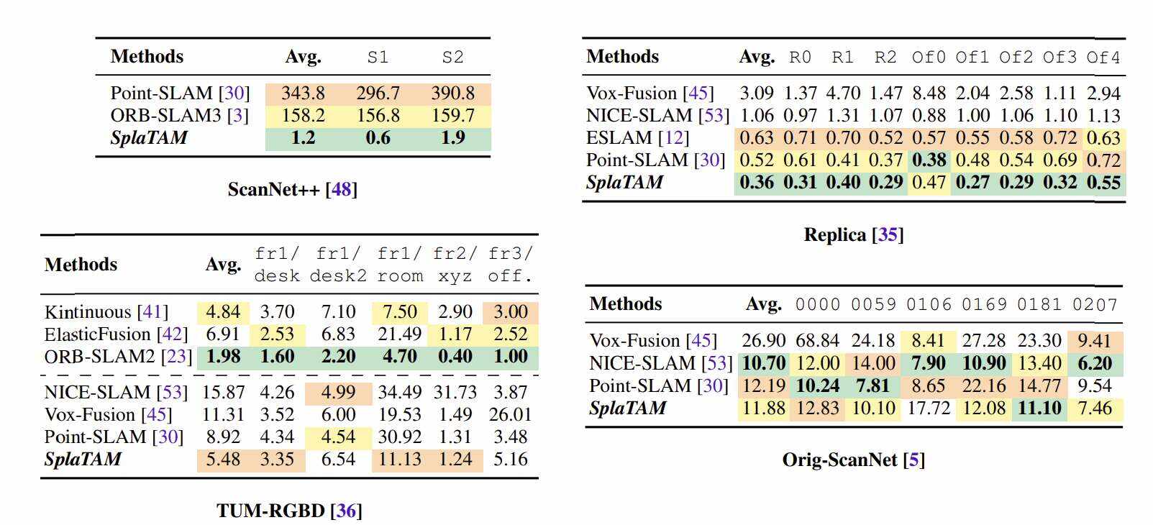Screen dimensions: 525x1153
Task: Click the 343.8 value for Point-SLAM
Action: click(x=303, y=93)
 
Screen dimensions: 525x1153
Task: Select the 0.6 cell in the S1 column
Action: click(x=378, y=138)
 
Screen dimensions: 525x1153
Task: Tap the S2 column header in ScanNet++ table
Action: click(x=452, y=57)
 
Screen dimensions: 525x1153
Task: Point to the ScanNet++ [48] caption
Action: click(x=292, y=189)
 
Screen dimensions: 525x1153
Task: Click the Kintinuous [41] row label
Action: click(x=106, y=312)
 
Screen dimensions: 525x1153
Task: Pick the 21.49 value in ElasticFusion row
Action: click(x=399, y=334)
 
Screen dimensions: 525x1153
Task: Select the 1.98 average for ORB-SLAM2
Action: click(x=223, y=357)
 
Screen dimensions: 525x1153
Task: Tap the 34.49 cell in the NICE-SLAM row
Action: click(x=399, y=393)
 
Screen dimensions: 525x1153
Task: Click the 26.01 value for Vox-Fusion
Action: click(x=510, y=415)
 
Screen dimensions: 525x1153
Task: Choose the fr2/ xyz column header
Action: click(x=455, y=265)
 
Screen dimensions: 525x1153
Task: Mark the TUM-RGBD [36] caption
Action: click(x=289, y=511)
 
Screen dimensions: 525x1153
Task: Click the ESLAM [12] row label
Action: click(x=637, y=138)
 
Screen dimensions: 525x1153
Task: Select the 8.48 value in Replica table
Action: click(x=929, y=93)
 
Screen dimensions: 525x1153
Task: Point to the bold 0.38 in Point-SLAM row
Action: click(x=929, y=160)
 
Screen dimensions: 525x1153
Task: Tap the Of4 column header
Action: click(x=1103, y=57)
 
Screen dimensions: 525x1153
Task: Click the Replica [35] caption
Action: click(x=853, y=235)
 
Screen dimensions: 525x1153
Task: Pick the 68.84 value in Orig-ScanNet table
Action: click(x=818, y=341)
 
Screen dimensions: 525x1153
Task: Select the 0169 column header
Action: click(x=984, y=304)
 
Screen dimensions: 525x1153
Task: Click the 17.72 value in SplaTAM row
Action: click(x=929, y=408)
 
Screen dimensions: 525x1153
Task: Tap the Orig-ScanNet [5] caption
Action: click(x=853, y=460)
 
